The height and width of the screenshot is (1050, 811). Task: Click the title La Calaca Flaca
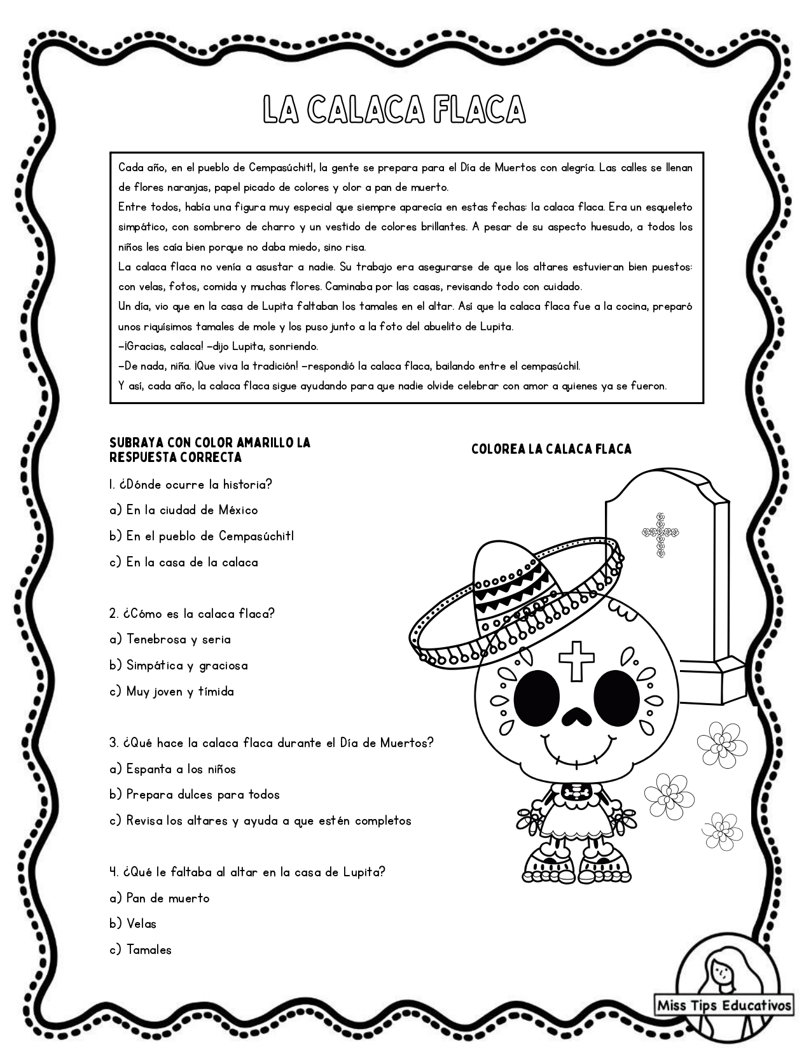click(394, 109)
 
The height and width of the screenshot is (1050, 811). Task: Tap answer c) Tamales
click(141, 949)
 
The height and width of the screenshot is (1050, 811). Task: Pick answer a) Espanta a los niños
click(172, 769)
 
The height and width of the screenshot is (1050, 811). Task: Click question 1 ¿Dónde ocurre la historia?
click(190, 484)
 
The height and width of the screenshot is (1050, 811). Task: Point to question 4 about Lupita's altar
click(247, 872)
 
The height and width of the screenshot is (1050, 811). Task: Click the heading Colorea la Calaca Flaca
click(551, 449)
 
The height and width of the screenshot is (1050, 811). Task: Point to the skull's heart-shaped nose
click(576, 717)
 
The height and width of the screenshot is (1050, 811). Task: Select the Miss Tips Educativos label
click(724, 1005)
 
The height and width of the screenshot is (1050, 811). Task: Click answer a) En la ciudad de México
click(183, 510)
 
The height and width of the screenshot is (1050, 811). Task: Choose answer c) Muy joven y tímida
click(172, 691)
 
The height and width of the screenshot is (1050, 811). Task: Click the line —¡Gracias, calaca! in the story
click(218, 347)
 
